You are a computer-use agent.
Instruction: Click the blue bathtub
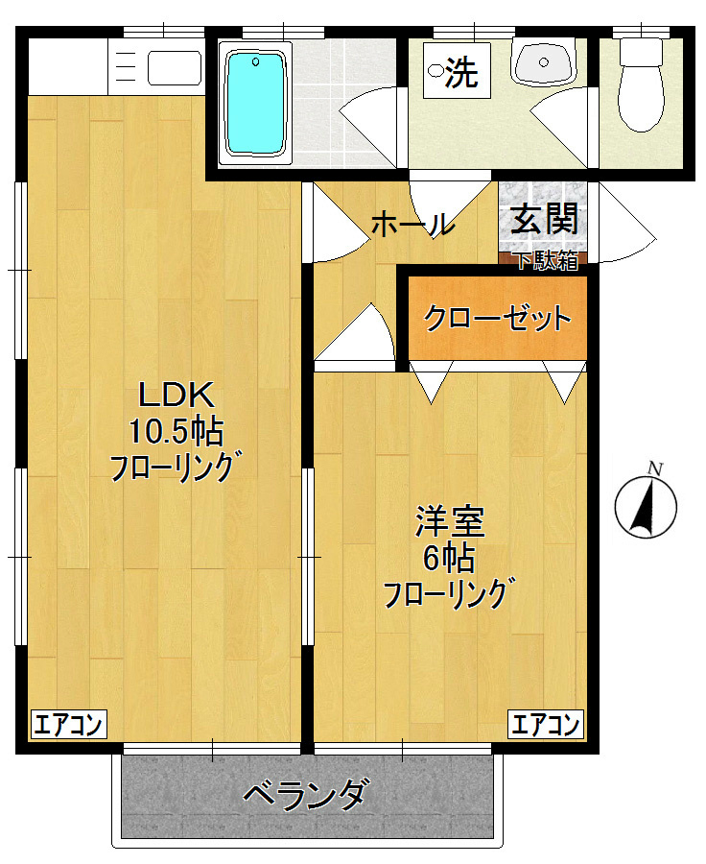(256, 103)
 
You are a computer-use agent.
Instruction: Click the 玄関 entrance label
(544, 221)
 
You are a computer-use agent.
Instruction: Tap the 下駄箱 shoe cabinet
(544, 259)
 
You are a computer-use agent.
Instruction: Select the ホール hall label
(412, 226)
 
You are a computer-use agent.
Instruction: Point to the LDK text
(180, 394)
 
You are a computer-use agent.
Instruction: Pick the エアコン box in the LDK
(68, 725)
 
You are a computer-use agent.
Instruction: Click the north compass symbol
(646, 506)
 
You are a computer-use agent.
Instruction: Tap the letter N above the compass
(655, 468)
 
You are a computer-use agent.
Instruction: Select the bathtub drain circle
(257, 62)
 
